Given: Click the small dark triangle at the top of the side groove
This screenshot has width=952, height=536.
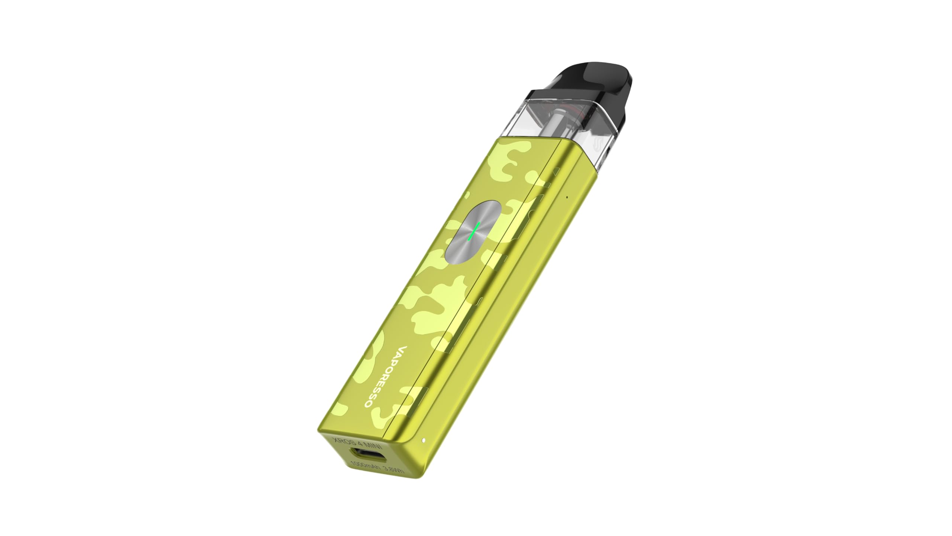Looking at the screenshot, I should coord(556,171).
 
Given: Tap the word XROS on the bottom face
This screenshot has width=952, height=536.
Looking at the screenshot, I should coord(344,441).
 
